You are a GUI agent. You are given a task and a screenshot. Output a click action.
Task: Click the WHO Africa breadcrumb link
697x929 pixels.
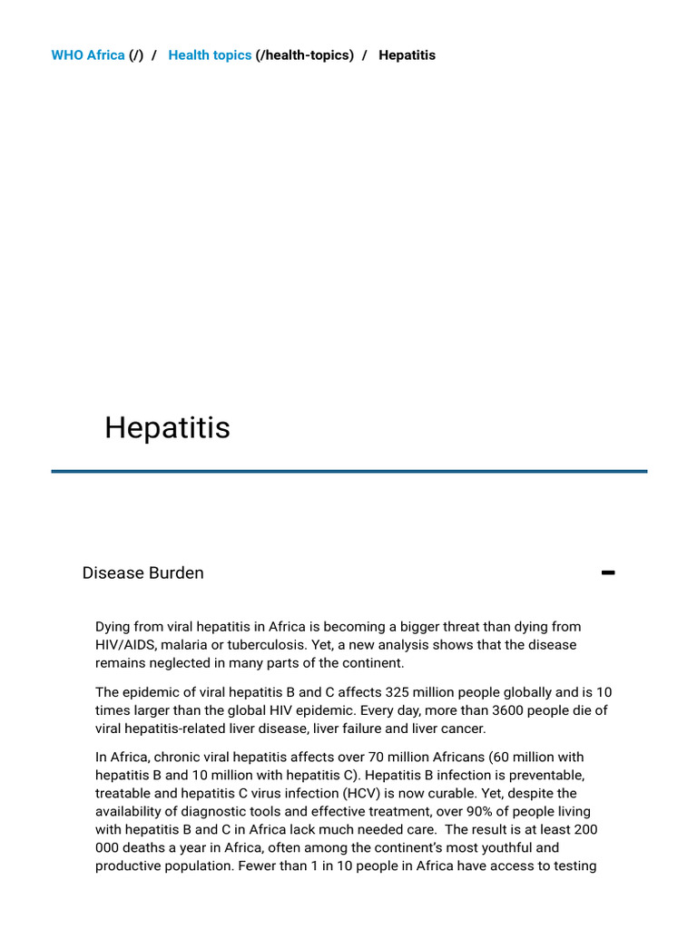tap(88, 55)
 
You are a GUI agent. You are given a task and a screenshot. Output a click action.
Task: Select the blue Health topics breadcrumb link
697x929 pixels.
tap(210, 55)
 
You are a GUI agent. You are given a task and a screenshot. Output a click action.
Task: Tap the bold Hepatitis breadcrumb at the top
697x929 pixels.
tap(407, 55)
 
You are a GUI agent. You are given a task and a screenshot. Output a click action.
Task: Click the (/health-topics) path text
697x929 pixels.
tap(305, 55)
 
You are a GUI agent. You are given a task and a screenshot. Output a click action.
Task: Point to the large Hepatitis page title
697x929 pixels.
tap(167, 427)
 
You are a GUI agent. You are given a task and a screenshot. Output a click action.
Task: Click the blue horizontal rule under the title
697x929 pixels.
tap(348, 471)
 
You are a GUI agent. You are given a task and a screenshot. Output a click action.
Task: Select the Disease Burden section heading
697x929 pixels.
tap(142, 572)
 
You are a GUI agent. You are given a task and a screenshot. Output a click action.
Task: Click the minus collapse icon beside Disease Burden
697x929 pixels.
tap(608, 572)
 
